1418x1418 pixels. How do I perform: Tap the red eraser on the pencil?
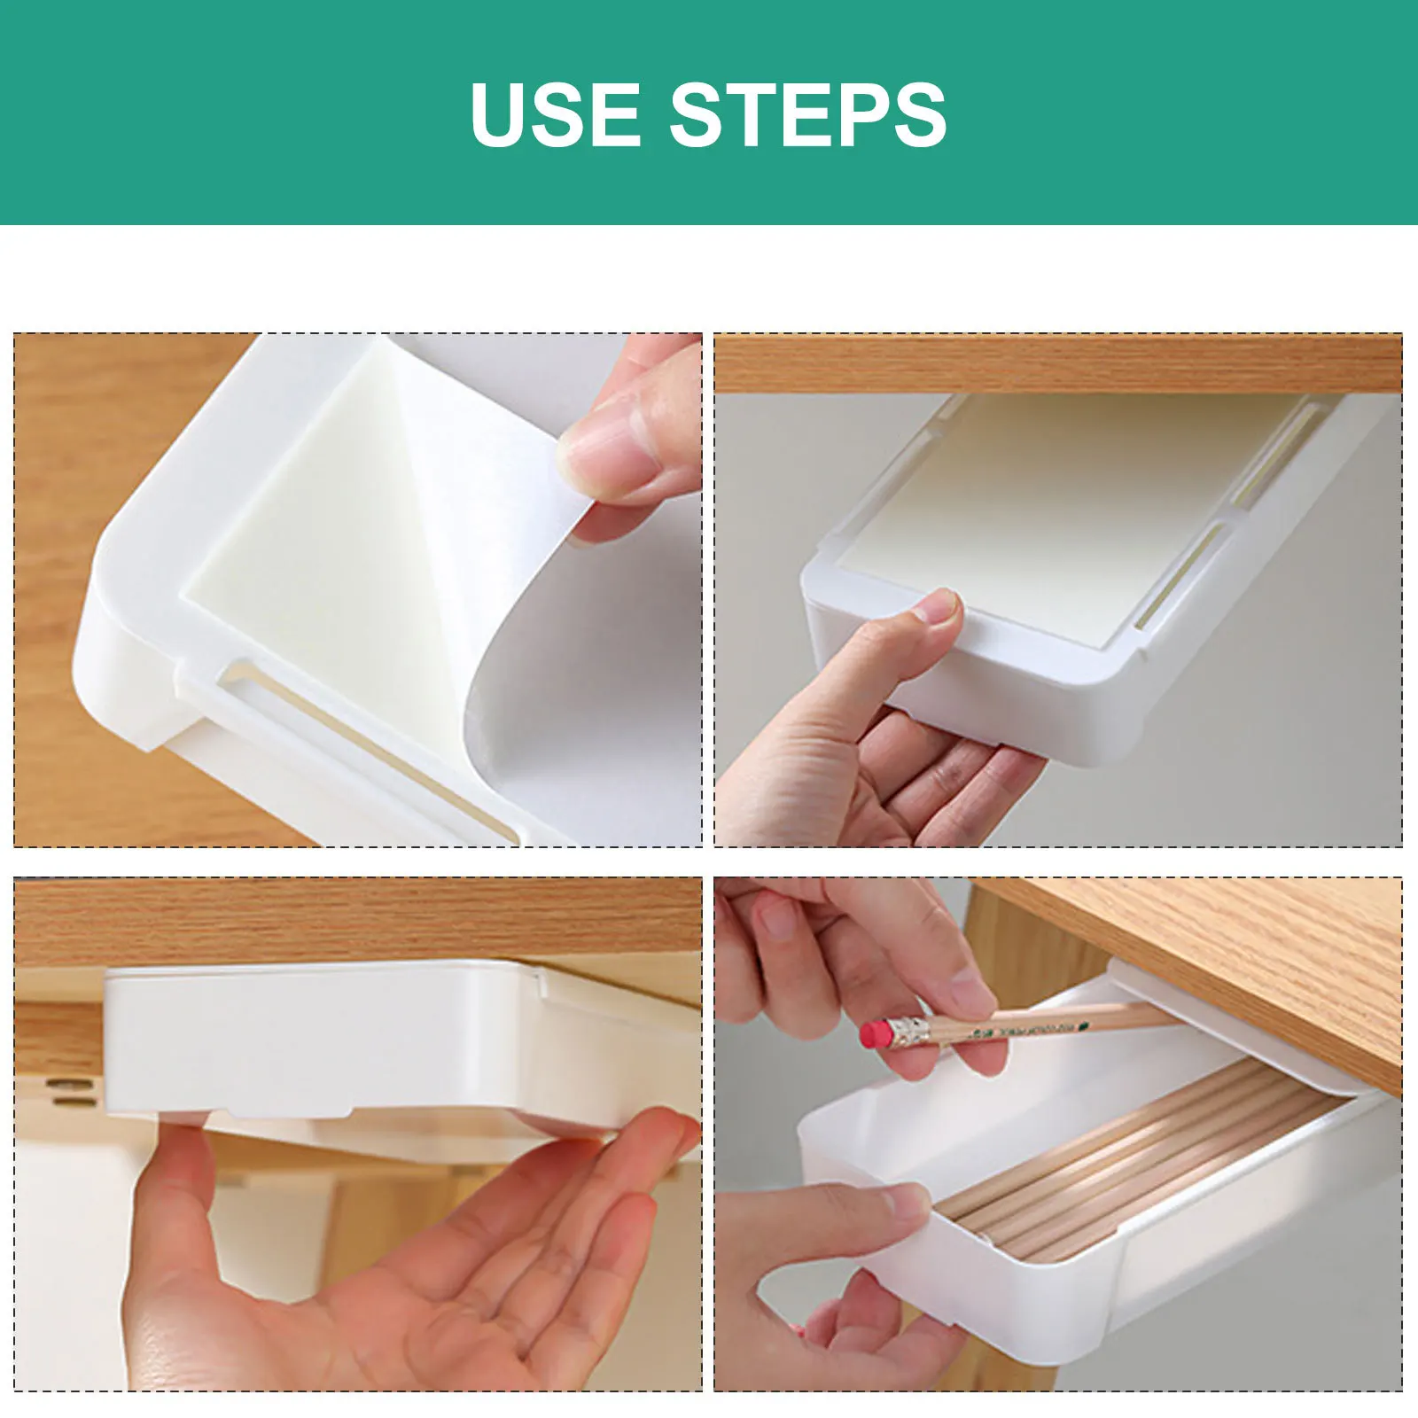pyautogui.click(x=876, y=1034)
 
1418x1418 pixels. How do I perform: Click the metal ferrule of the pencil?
pyautogui.click(x=908, y=1030)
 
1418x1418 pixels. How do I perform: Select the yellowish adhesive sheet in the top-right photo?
pyautogui.click(x=1046, y=514)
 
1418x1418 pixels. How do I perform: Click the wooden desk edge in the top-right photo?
pyautogui.click(x=1055, y=363)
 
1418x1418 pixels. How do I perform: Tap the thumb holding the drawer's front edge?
pyautogui.click(x=886, y=1214)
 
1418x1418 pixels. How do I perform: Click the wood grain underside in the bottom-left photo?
pyautogui.click(x=354, y=922)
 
